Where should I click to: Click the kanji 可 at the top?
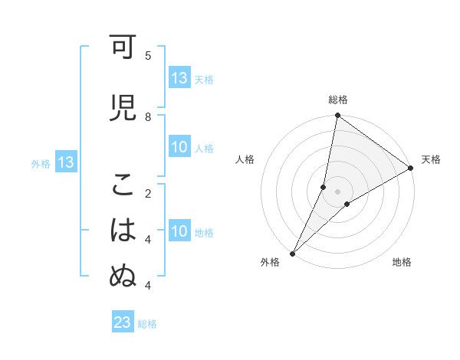tap(123, 47)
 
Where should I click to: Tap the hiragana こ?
tap(123, 185)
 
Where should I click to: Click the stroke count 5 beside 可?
tap(148, 55)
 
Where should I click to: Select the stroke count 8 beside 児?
tap(148, 116)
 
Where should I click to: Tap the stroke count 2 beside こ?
tap(148, 193)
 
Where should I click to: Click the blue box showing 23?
tap(123, 322)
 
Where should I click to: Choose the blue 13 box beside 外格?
tap(65, 162)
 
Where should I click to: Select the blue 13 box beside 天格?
tap(179, 78)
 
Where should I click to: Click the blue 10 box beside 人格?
tap(179, 148)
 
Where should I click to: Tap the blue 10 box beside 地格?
tap(179, 232)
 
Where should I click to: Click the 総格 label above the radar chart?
tap(338, 100)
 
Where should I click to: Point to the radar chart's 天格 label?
tap(431, 159)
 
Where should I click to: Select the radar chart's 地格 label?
tap(402, 263)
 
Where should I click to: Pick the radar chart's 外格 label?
tap(270, 263)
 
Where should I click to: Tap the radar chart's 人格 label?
tap(245, 159)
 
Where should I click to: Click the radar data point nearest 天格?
tap(411, 169)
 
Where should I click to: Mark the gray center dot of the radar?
tap(337, 191)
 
